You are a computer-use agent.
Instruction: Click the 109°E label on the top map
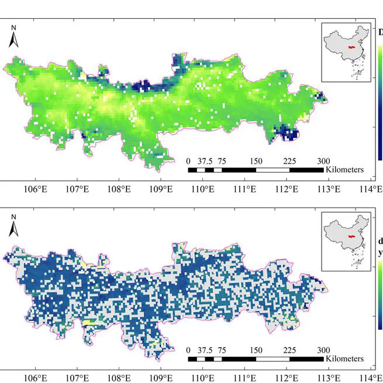[161, 189]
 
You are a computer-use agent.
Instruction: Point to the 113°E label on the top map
[329, 189]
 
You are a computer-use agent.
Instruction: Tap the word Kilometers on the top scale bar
[345, 170]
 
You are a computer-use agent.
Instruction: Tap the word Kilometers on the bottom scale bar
[345, 358]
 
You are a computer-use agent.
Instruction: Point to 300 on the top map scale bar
[323, 161]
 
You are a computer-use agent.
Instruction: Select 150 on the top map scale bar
[256, 161]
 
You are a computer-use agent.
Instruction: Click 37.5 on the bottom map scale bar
[204, 350]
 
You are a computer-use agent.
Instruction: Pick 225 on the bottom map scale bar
[289, 350]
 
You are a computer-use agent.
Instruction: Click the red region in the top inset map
[350, 47]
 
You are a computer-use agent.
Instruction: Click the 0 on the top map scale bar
[188, 161]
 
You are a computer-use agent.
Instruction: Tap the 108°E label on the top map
[119, 189]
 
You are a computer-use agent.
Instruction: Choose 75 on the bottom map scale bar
[222, 350]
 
